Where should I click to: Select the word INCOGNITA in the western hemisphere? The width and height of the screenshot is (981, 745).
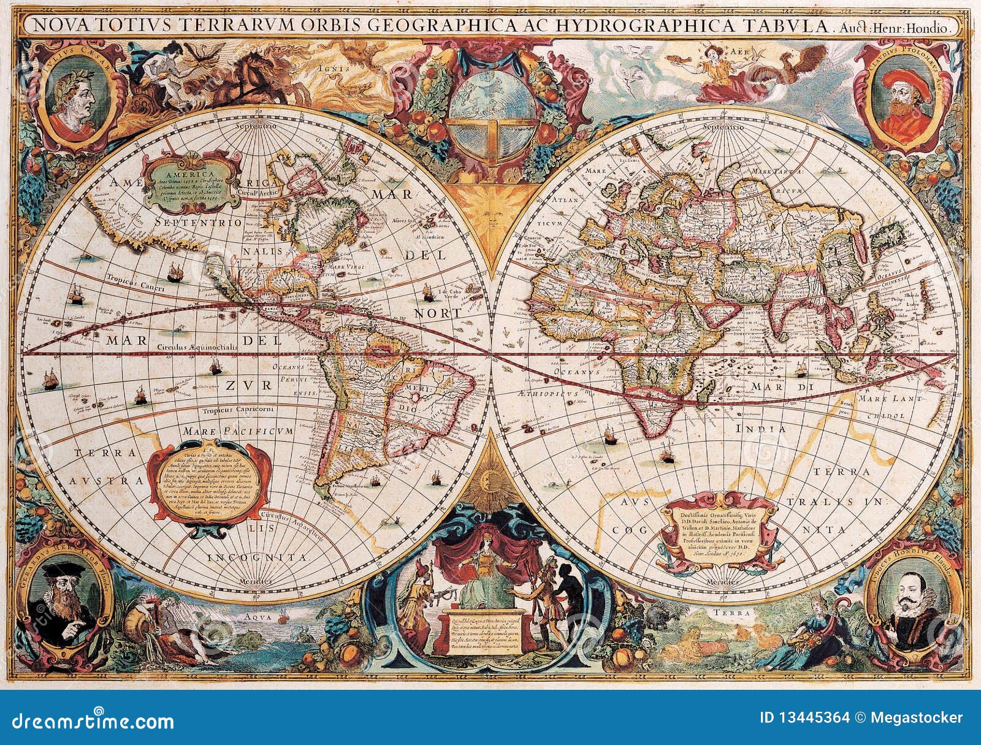(257, 557)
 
